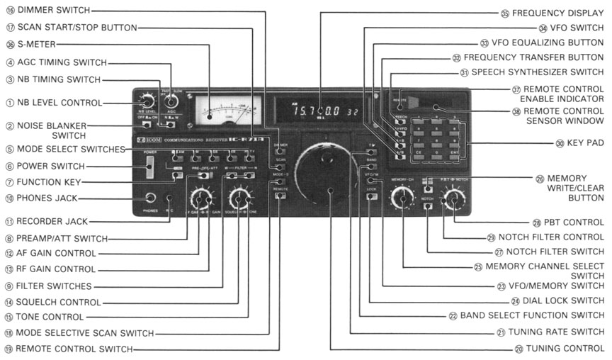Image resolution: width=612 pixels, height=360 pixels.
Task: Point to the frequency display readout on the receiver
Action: [319, 111]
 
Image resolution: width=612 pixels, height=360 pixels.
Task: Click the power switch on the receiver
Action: [149, 167]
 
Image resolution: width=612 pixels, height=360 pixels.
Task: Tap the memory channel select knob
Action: [403, 201]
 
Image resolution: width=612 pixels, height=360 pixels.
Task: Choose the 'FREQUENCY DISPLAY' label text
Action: [558, 13]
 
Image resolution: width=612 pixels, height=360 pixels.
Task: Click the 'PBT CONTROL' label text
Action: [571, 222]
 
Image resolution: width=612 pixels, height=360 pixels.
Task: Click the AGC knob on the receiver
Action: [171, 101]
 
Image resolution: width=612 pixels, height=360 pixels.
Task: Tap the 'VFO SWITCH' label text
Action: [572, 28]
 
